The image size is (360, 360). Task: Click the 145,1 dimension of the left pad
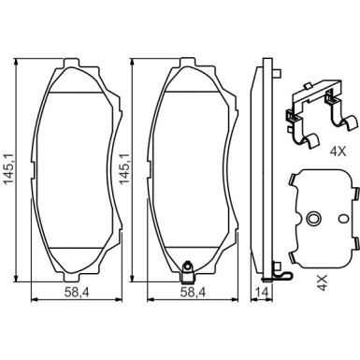(9, 169)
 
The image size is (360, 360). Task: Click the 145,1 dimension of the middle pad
(125, 169)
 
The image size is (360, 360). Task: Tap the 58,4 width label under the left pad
(77, 292)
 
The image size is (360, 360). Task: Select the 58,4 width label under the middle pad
(193, 292)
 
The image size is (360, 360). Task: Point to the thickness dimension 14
(262, 292)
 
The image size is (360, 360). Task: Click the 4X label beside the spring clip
(338, 151)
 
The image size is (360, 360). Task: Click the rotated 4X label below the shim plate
(323, 282)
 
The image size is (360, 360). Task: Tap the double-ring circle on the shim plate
(312, 218)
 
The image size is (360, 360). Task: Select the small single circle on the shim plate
(344, 218)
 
